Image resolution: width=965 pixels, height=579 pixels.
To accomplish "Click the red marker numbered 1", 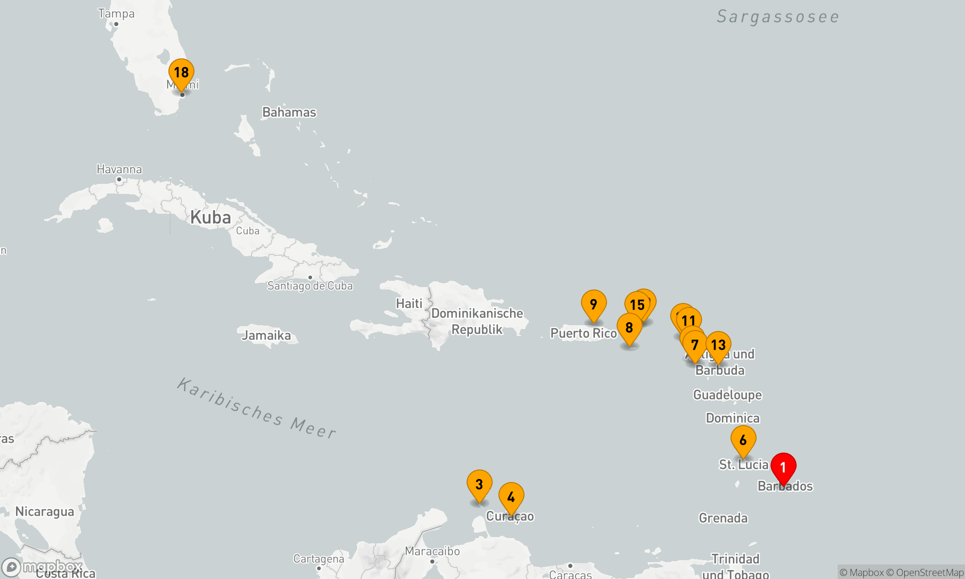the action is [x=783, y=467].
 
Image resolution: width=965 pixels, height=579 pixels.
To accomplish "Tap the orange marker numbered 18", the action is [x=181, y=72].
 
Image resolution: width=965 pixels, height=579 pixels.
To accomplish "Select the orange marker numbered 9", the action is [x=593, y=304].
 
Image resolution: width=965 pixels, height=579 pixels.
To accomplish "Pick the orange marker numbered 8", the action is [x=629, y=328].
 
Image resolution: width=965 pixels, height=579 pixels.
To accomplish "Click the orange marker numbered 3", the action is [x=479, y=484].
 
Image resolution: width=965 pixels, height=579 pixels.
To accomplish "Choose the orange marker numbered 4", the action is [x=511, y=497].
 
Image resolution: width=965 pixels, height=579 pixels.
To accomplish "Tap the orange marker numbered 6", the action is [x=743, y=440].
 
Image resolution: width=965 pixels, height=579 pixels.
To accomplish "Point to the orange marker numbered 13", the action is [x=718, y=345].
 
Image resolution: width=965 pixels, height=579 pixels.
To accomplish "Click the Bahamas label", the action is [x=289, y=112].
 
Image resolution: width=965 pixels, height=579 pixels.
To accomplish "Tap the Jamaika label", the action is [x=266, y=335].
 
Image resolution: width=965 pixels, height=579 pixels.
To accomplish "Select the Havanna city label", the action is [x=119, y=169].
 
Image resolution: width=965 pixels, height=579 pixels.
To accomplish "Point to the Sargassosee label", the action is [x=778, y=17].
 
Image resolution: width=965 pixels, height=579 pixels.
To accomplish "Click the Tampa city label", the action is [x=116, y=14].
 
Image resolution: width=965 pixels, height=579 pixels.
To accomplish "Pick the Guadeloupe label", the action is [x=727, y=395].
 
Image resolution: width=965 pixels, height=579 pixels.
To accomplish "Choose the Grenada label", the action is [x=723, y=518].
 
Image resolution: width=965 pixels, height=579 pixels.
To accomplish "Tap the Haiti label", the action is [x=409, y=303].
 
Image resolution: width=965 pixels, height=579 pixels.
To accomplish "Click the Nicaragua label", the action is [x=44, y=511].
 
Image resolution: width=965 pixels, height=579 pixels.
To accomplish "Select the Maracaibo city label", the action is [x=432, y=551].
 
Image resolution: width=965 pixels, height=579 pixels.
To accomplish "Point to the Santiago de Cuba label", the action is [x=310, y=286].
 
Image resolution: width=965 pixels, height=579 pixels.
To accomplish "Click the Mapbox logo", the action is [x=42, y=566].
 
